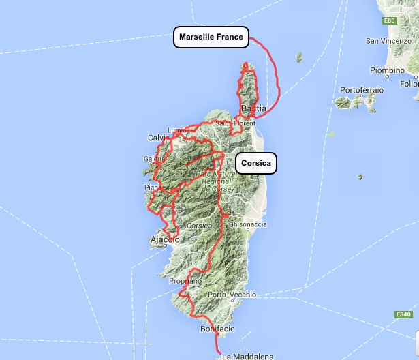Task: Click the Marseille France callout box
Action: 211,37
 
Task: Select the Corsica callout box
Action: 256,163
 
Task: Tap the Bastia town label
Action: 253,109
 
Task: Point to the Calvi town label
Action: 157,138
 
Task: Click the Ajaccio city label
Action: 164,241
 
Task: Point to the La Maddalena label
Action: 248,356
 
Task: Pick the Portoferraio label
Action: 362,90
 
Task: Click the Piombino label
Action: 387,70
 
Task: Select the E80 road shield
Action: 390,21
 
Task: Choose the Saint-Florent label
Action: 230,123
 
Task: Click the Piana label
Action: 152,187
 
